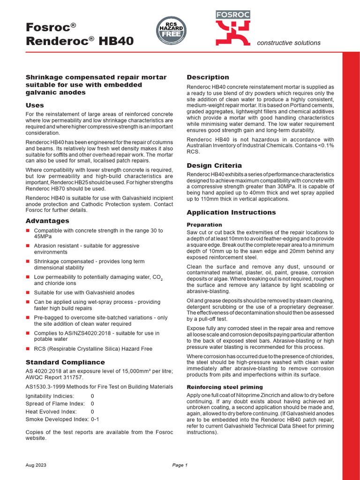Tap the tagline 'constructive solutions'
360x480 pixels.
point(289,43)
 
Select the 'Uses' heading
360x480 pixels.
point(35,105)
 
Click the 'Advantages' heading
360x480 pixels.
point(47,221)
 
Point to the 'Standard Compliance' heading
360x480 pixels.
point(65,362)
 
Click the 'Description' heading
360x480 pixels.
point(208,77)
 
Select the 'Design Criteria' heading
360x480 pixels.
point(214,165)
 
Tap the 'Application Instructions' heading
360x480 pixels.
point(231,212)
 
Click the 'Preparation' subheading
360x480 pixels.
point(204,225)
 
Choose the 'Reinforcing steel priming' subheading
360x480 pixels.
point(225,387)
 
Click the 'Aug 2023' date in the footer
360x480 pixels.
point(36,465)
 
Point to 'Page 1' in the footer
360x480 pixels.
point(180,465)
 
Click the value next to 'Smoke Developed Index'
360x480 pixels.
point(95,419)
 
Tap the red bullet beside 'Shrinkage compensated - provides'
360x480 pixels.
point(28,262)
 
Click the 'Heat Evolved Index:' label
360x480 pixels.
point(51,411)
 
